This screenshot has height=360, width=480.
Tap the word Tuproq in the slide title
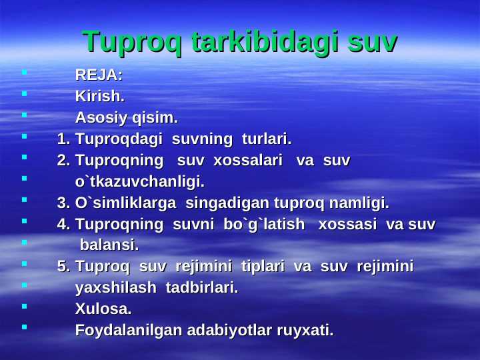[x=133, y=41]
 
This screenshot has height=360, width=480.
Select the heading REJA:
[x=99, y=75]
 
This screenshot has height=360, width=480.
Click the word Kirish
[x=100, y=97]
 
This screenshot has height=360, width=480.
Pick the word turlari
[x=266, y=139]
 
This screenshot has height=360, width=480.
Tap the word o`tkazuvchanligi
[x=140, y=181]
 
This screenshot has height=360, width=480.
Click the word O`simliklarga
[x=126, y=203]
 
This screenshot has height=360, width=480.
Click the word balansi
[x=109, y=245]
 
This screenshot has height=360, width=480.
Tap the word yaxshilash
[x=113, y=288]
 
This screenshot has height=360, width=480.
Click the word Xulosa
[x=103, y=309]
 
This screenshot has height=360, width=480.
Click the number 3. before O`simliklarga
[x=64, y=203]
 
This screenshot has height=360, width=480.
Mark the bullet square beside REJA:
[x=23, y=71]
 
